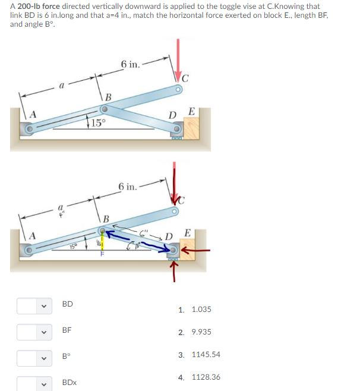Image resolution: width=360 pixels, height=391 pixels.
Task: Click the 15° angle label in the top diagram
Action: tap(99, 124)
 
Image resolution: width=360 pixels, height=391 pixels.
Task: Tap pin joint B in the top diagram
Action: tap(104, 110)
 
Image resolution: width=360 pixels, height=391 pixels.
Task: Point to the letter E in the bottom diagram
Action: tap(188, 232)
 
